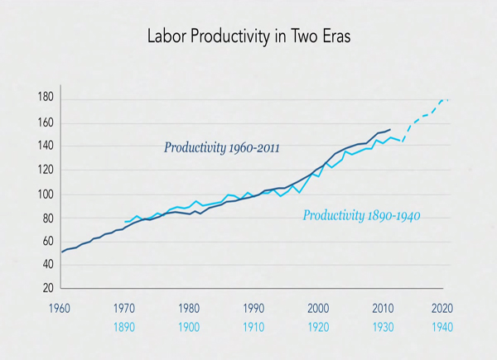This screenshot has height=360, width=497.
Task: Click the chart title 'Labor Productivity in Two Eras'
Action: point(248,36)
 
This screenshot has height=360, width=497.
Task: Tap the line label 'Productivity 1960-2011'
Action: point(221,148)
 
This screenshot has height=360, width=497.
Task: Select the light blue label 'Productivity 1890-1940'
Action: point(362,216)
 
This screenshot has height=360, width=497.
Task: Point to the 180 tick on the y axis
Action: point(46,97)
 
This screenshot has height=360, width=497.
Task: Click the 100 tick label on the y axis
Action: point(46,194)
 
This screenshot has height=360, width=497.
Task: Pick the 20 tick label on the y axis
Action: point(48,289)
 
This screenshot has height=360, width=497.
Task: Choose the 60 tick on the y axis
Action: point(48,242)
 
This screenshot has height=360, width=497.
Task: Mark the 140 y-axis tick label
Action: point(46,146)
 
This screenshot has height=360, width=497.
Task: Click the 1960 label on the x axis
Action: point(60,309)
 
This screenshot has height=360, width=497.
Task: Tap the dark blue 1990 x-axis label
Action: point(253,309)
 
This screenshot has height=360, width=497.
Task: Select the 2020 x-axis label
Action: point(442,309)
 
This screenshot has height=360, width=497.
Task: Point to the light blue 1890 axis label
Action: point(124,327)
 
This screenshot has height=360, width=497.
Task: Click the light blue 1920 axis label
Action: point(319,327)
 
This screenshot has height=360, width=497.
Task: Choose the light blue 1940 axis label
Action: point(442,327)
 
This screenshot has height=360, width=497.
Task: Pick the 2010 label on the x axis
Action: point(383,309)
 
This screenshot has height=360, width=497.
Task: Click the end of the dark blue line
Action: point(390,129)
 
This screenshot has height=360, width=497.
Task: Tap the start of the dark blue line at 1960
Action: point(61,252)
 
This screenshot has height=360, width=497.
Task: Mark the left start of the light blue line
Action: point(125,222)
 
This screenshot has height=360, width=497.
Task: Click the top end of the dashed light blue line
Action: point(448,100)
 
